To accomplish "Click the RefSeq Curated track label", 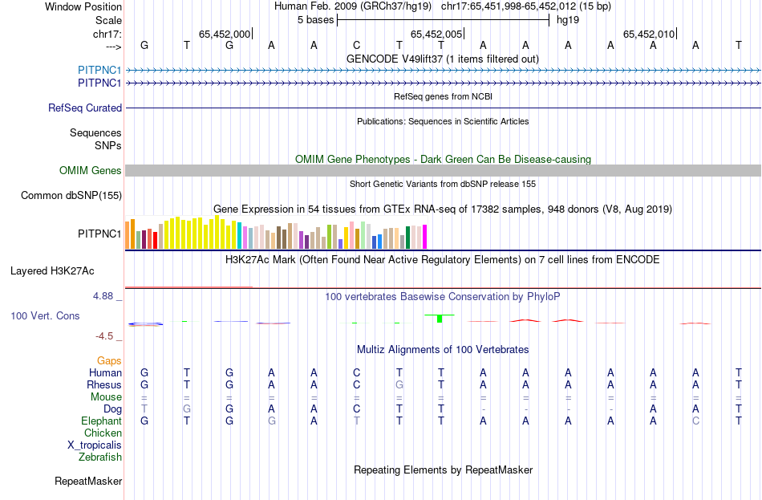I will (85, 108).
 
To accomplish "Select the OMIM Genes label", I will (90, 170).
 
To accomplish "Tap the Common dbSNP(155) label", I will (71, 195).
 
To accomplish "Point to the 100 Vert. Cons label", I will (45, 316).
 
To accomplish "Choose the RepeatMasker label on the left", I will (88, 482).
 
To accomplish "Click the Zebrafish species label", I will (100, 457).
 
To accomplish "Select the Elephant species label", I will (101, 421).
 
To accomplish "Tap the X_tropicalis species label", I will (95, 445).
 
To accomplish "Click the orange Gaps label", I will (109, 361).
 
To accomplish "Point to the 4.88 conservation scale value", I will (103, 296).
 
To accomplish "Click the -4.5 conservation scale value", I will (105, 336).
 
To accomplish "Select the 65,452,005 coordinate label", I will (436, 34).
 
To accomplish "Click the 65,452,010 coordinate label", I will (649, 34).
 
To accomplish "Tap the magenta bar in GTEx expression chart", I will (424, 237).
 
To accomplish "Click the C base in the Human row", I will (356, 372).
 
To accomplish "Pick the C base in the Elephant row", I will (696, 421).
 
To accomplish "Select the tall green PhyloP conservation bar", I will (440, 319).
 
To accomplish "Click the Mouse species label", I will (106, 397).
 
